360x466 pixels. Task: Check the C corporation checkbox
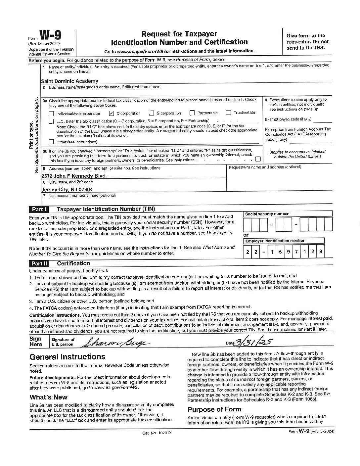(111, 113)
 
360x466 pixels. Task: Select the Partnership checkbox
(192, 113)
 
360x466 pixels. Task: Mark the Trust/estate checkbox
(228, 113)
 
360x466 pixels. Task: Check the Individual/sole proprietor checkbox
(51, 113)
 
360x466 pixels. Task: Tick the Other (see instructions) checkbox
(51, 142)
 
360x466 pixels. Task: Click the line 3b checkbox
(258, 159)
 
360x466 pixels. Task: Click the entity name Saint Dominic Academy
(69, 81)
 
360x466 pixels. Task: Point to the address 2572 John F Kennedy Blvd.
(74, 176)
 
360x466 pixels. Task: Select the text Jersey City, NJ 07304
(67, 190)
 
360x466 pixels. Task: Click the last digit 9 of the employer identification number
(320, 252)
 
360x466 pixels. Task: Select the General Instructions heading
(67, 357)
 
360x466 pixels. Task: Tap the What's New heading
(48, 397)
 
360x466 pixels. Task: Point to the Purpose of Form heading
(214, 409)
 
